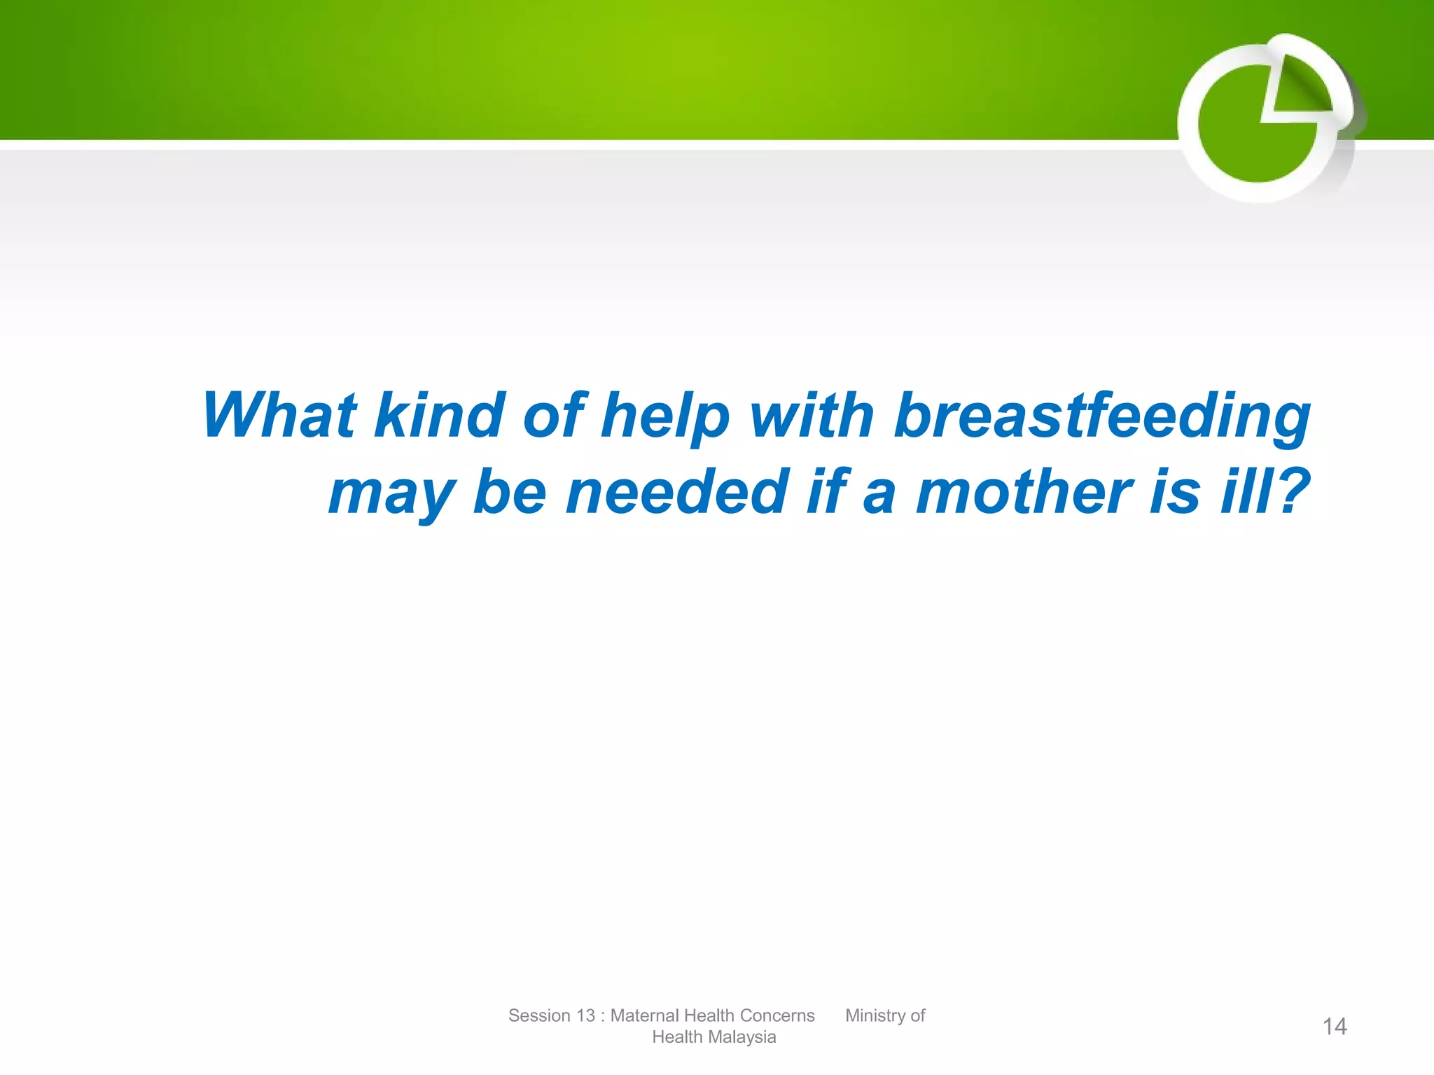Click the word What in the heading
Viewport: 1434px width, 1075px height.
coord(280,416)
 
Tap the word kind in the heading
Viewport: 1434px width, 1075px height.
coord(439,416)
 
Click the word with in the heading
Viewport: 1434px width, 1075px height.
coord(812,416)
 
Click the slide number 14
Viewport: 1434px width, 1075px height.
coord(1334,1027)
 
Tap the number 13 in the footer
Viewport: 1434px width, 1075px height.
coord(585,1016)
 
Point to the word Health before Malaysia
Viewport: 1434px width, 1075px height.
coord(676,1037)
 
